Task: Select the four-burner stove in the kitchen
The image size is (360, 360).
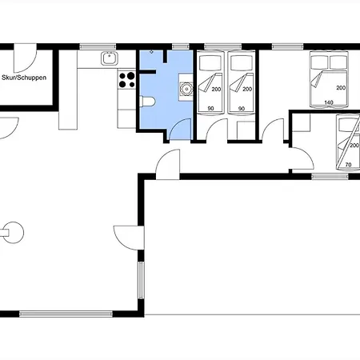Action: click(x=126, y=79)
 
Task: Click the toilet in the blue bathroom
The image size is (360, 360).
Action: click(x=150, y=102)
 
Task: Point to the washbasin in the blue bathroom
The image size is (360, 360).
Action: click(x=186, y=88)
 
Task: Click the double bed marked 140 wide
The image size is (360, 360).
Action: click(x=328, y=78)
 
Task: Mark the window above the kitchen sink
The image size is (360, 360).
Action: click(x=109, y=46)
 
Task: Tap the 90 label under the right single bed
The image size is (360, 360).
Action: click(x=241, y=107)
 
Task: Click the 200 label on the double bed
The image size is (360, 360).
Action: click(x=341, y=87)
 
